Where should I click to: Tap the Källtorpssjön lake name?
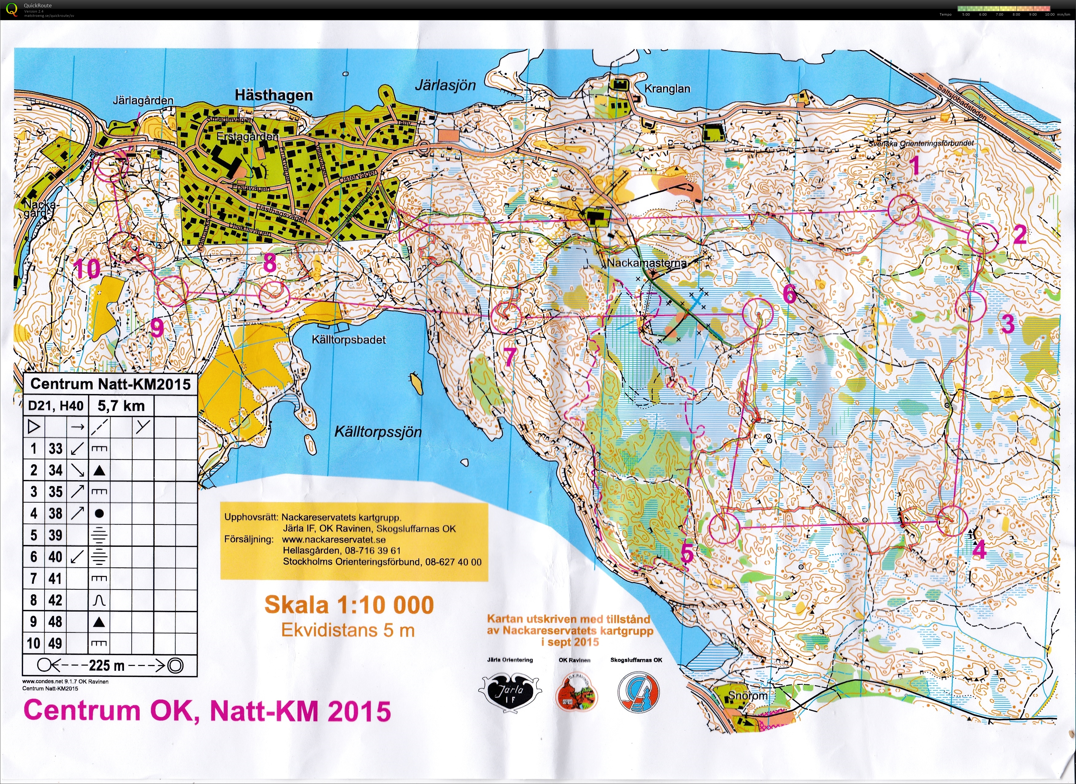(x=378, y=432)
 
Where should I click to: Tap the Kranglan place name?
(x=667, y=89)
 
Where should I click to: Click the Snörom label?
(x=748, y=696)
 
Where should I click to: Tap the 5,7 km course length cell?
(x=121, y=406)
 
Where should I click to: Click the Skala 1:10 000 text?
(x=349, y=605)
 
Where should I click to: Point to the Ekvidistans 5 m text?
(x=348, y=630)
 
